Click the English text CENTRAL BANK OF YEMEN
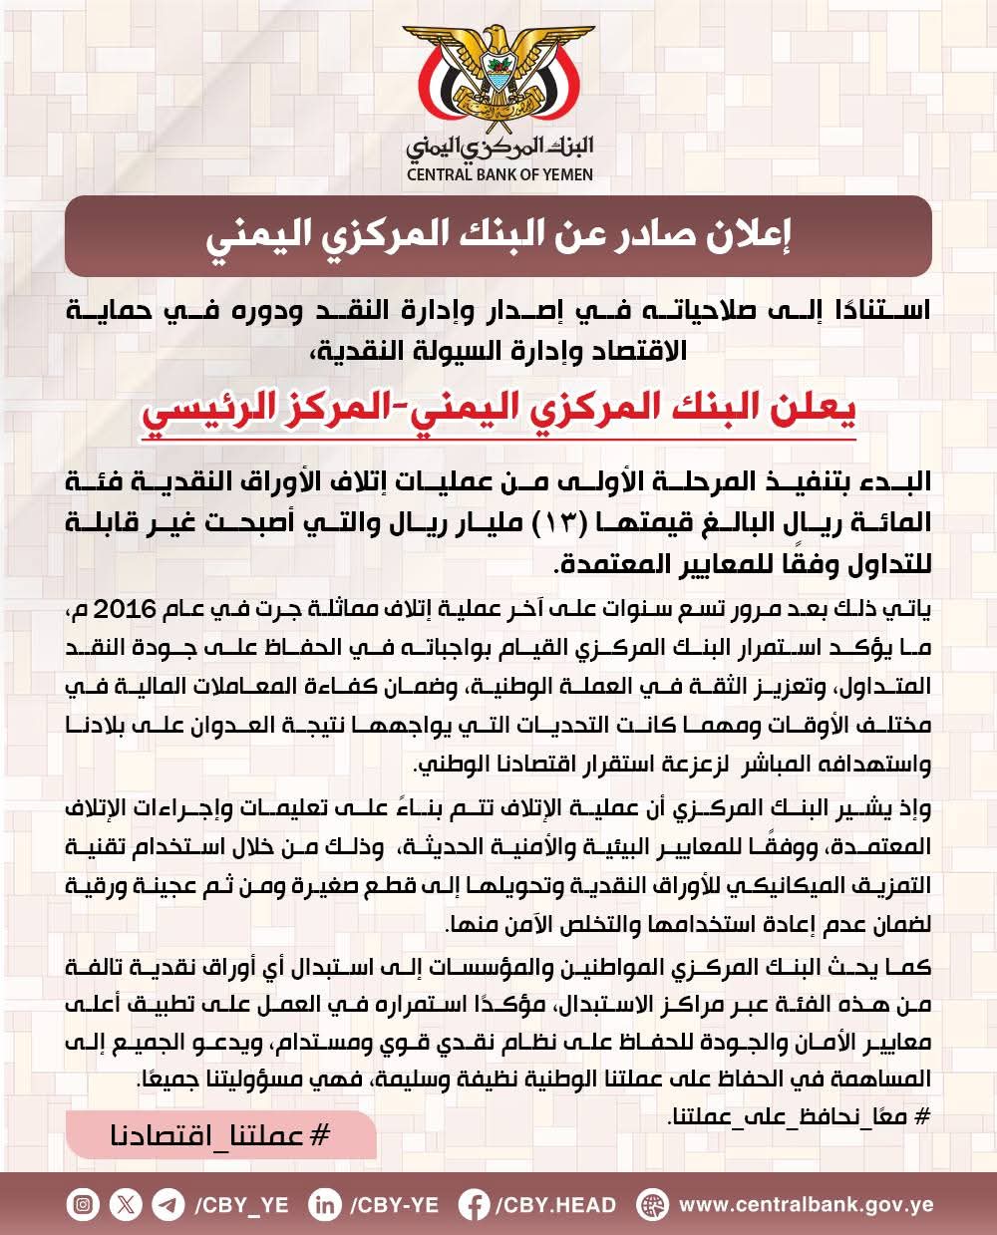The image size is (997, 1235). (x=499, y=174)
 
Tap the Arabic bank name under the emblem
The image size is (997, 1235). (x=499, y=146)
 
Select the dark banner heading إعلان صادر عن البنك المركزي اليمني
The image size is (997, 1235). (x=498, y=236)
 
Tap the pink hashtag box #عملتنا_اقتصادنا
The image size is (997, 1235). (x=220, y=1135)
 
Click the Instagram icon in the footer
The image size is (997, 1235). (x=84, y=1204)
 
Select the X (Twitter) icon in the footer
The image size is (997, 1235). (x=126, y=1204)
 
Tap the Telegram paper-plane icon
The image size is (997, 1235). (x=167, y=1204)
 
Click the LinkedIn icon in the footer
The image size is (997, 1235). (x=325, y=1204)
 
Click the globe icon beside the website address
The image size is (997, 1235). (x=652, y=1204)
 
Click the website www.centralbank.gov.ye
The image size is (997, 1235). (x=806, y=1204)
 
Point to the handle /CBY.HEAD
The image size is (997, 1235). (x=554, y=1204)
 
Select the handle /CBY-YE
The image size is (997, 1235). (x=394, y=1204)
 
